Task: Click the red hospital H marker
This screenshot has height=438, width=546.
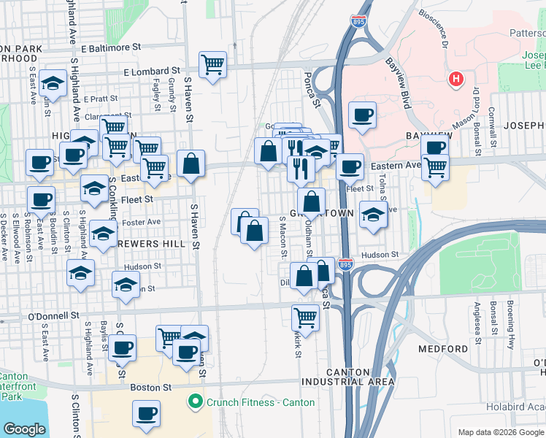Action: click(x=456, y=78)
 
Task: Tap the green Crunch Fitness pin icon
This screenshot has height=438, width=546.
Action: click(x=195, y=401)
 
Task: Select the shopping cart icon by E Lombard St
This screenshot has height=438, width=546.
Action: click(x=212, y=65)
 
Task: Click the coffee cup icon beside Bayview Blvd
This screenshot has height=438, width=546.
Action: click(x=362, y=115)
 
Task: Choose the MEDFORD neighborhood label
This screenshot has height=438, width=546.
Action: click(x=442, y=349)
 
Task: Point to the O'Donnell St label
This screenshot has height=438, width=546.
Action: click(x=53, y=316)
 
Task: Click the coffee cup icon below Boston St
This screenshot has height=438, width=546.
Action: click(x=146, y=414)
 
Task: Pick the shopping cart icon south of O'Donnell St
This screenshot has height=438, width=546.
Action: click(x=305, y=318)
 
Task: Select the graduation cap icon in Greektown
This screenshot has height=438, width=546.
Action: click(x=373, y=215)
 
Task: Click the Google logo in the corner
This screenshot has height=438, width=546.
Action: click(x=24, y=429)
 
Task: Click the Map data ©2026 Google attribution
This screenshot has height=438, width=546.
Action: click(x=500, y=432)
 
